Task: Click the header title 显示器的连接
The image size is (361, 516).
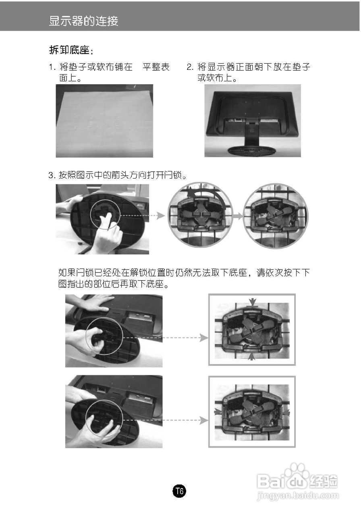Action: point(83,21)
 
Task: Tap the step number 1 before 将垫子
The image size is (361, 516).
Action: point(51,67)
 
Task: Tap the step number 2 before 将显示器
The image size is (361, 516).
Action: point(189,67)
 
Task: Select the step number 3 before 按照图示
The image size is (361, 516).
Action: point(51,175)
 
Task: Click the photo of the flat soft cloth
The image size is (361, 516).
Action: point(104,121)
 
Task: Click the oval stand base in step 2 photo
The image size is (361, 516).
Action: point(251,150)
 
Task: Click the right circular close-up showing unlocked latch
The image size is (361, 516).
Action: point(276,216)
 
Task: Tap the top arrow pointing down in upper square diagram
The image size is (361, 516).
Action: point(252,302)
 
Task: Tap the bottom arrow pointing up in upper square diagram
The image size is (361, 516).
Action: point(252,356)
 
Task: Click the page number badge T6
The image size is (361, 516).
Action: point(179,491)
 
